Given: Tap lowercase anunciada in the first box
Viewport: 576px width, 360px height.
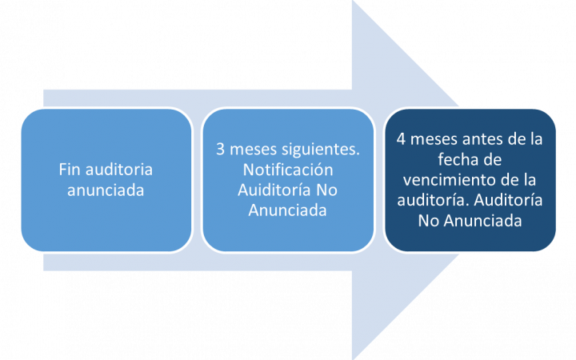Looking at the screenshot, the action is coord(106,190).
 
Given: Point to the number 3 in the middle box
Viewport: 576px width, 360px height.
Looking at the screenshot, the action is coord(220,149).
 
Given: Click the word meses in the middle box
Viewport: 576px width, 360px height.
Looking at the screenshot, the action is coord(253,149).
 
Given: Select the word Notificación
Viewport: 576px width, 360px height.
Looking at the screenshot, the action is coord(288,170).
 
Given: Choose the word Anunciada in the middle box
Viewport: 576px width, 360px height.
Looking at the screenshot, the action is coord(287,210).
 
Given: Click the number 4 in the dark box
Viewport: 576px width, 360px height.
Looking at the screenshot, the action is coord(401,139).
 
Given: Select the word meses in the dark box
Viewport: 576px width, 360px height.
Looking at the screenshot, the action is coord(434,139).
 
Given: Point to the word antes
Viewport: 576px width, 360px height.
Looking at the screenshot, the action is coord(482,139).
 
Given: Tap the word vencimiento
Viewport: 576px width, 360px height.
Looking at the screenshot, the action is coord(449,180).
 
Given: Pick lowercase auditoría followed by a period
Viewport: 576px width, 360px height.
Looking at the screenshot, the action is coord(433,200).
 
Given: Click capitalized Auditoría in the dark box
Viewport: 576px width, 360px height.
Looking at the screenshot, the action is coord(509,200).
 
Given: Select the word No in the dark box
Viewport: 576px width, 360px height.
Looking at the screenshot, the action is coord(429,221).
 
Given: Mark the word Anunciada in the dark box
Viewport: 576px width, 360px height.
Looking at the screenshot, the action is coord(482,221).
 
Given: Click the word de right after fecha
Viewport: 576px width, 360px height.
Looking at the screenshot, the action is coord(490,160).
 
